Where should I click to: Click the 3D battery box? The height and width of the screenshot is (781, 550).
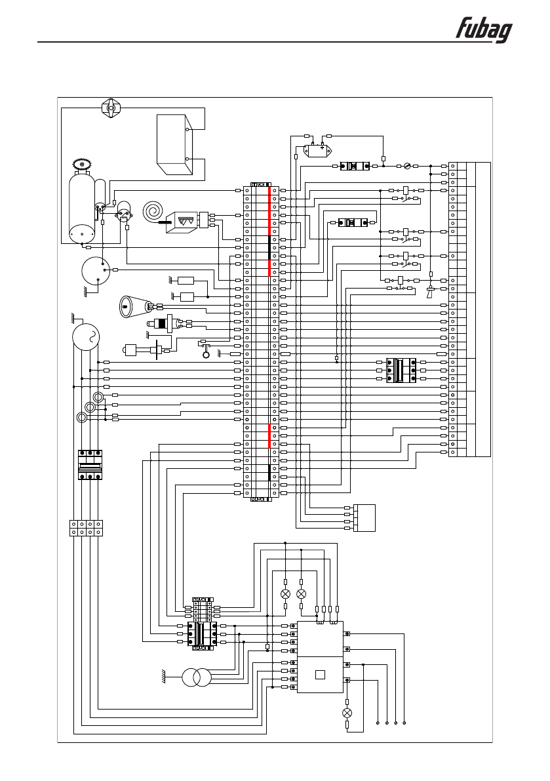pyautogui.click(x=174, y=144)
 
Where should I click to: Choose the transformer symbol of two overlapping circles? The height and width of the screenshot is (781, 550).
pyautogui.click(x=196, y=678)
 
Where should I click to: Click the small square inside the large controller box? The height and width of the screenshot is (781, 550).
pyautogui.click(x=320, y=675)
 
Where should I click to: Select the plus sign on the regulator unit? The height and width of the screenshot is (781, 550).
pyautogui.click(x=322, y=148)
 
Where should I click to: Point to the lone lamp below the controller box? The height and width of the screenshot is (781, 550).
pyautogui.click(x=347, y=713)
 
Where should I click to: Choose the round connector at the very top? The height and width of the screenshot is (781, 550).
pyautogui.click(x=110, y=108)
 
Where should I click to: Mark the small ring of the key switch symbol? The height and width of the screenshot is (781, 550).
pyautogui.click(x=205, y=355)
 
